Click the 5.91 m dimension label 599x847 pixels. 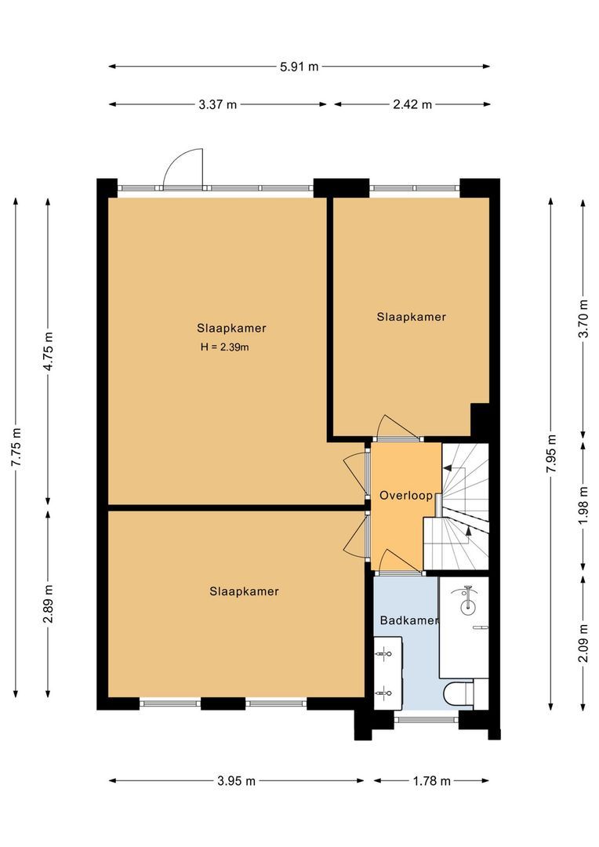(x=299, y=67)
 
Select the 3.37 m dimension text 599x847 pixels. (x=218, y=105)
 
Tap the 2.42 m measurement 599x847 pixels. (x=412, y=105)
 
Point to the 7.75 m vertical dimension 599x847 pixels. (x=16, y=447)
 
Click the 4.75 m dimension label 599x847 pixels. (x=49, y=351)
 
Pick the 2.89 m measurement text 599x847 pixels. (x=49, y=603)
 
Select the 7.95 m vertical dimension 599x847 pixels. (x=551, y=453)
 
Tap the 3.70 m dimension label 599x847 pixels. (x=583, y=318)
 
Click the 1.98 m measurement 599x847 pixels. (x=583, y=506)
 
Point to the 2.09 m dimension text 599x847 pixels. (x=583, y=642)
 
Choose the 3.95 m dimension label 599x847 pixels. (x=236, y=781)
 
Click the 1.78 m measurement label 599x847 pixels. (x=431, y=781)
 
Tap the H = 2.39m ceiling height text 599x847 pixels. (x=225, y=347)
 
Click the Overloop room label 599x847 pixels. (x=405, y=496)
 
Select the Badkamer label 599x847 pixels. (x=409, y=620)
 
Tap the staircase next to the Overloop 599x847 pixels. (x=465, y=507)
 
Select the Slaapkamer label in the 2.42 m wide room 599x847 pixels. (x=411, y=317)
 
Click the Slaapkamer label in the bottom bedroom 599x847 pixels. (x=244, y=591)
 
